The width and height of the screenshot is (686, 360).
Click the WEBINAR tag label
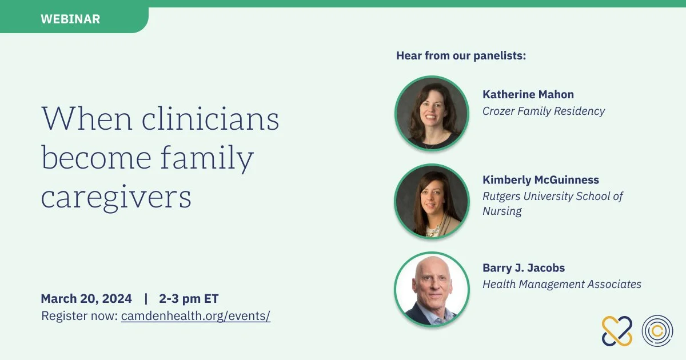[70, 19]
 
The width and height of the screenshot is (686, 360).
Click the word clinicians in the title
[210, 118]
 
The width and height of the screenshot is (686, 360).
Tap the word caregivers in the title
[116, 197]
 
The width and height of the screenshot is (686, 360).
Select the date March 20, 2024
[86, 298]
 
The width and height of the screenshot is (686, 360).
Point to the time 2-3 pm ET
[189, 298]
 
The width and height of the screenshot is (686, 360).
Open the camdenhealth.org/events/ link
[196, 316]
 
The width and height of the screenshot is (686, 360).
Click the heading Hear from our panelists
[461, 56]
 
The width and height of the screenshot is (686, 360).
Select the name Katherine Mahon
[528, 94]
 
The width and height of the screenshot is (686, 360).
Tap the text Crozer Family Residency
[544, 111]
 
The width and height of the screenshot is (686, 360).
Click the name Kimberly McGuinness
[541, 179]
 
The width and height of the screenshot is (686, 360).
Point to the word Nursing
[502, 211]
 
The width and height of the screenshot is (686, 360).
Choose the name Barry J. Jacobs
[524, 268]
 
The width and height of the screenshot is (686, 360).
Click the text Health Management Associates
[562, 284]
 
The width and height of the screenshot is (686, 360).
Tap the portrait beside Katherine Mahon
[432, 113]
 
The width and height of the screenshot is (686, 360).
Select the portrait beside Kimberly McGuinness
[432, 201]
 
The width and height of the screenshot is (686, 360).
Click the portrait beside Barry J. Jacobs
[432, 289]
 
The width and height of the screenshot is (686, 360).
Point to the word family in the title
[207, 158]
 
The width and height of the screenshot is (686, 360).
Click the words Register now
[79, 316]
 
